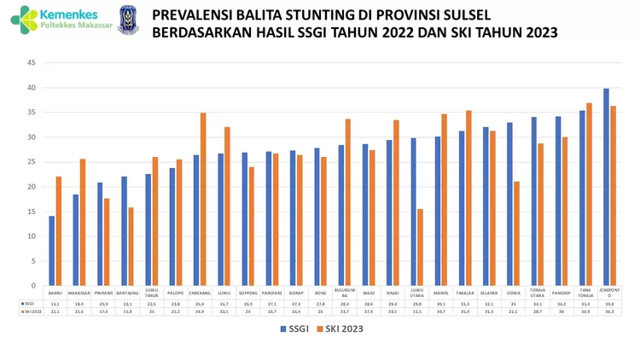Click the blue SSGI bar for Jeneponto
pos(606,187)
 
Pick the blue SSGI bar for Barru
pos(51,251)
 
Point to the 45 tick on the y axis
pos(30,63)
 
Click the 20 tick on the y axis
pos(30,187)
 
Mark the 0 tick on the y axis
pos(32,286)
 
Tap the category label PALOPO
pos(176,291)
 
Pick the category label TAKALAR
pos(466,291)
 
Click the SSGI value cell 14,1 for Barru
pos(55,303)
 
